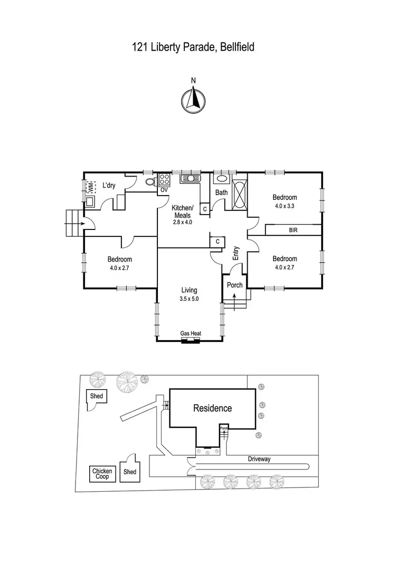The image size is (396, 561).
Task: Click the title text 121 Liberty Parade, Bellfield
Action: click(x=193, y=47)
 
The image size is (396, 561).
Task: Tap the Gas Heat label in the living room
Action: click(x=191, y=334)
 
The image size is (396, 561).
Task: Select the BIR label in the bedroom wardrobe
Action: click(x=293, y=231)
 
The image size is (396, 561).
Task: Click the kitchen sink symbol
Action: click(x=188, y=179)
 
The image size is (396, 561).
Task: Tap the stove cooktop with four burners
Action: click(x=164, y=179)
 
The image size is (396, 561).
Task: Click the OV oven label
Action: click(x=164, y=189)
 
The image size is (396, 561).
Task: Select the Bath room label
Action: click(x=221, y=192)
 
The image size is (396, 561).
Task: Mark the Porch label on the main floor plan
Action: click(x=234, y=285)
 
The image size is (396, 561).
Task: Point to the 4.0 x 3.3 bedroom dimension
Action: click(x=284, y=206)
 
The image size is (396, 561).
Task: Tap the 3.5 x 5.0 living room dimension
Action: click(x=189, y=299)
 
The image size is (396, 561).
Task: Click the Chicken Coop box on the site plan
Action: click(x=102, y=474)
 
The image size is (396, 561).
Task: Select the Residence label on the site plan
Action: click(x=212, y=408)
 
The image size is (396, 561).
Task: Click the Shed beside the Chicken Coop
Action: click(x=129, y=472)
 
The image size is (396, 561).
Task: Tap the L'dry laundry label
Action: click(x=109, y=185)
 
